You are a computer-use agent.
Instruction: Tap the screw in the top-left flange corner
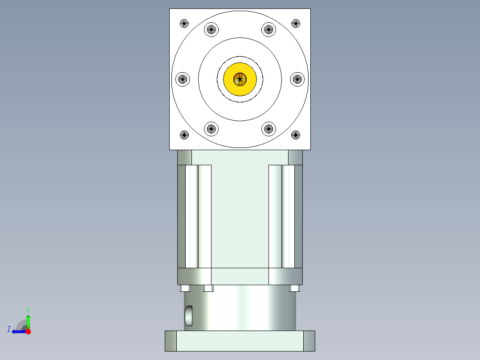click(x=184, y=23)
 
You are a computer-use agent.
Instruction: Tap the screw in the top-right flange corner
click(x=296, y=23)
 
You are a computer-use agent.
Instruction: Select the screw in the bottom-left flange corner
click(x=184, y=135)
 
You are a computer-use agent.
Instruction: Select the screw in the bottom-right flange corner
click(x=296, y=135)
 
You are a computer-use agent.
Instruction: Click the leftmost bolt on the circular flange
click(x=183, y=79)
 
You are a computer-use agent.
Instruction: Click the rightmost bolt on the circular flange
click(x=297, y=79)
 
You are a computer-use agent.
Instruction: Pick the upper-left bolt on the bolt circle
click(x=211, y=30)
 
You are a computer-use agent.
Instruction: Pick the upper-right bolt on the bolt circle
click(x=268, y=30)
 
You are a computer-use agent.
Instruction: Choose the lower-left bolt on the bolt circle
click(x=211, y=129)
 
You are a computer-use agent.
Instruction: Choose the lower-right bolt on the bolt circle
click(x=268, y=129)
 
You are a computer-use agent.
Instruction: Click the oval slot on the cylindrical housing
click(x=189, y=315)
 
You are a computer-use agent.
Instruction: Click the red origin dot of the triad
click(x=28, y=331)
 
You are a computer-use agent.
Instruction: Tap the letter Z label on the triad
click(x=9, y=329)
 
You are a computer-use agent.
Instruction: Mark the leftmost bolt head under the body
click(x=186, y=288)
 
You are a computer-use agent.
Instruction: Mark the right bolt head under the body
click(x=294, y=288)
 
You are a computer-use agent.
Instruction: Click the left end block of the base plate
click(x=171, y=341)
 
